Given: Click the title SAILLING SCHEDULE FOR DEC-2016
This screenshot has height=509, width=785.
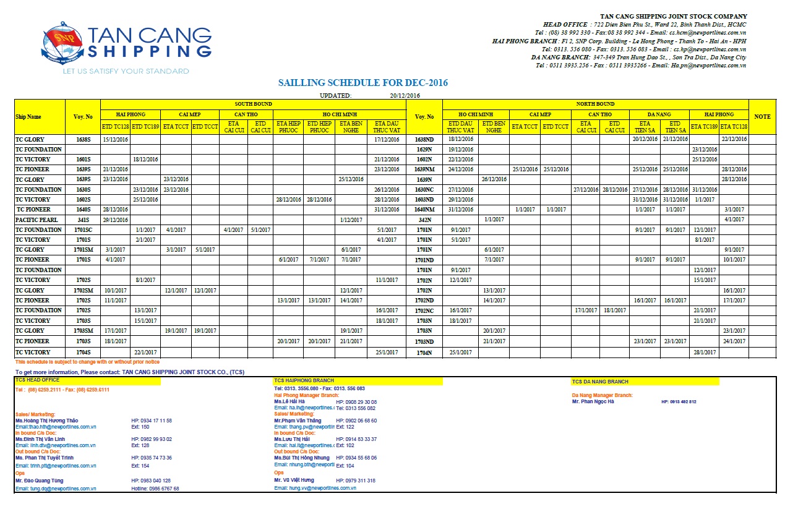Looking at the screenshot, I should pos(362,83).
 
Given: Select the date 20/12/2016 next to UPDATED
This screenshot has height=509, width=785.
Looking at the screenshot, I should pos(405,95).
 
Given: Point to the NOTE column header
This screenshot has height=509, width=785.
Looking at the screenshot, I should pos(762,116).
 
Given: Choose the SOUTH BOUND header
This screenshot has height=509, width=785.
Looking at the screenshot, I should pos(252,104).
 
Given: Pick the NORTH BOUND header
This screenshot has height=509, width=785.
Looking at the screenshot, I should pos(595,104).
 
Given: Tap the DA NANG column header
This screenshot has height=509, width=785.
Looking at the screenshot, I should pos(659,114).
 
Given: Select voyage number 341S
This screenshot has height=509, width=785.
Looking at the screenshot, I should pos(82,220).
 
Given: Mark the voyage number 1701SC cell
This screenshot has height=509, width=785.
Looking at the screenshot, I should pos(82,229).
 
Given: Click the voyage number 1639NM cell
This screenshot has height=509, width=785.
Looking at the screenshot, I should pos(424,169).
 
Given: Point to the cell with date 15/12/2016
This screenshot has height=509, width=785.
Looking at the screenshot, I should pos(115,139).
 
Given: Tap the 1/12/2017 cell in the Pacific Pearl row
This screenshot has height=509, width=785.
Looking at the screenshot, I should pos(351,220).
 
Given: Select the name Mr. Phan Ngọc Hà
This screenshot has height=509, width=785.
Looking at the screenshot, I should pos(593,401).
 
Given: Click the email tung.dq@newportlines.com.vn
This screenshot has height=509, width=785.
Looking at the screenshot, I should pos(56,489).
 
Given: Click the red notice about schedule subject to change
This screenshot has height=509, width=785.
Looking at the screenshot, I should pos(87,362).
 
